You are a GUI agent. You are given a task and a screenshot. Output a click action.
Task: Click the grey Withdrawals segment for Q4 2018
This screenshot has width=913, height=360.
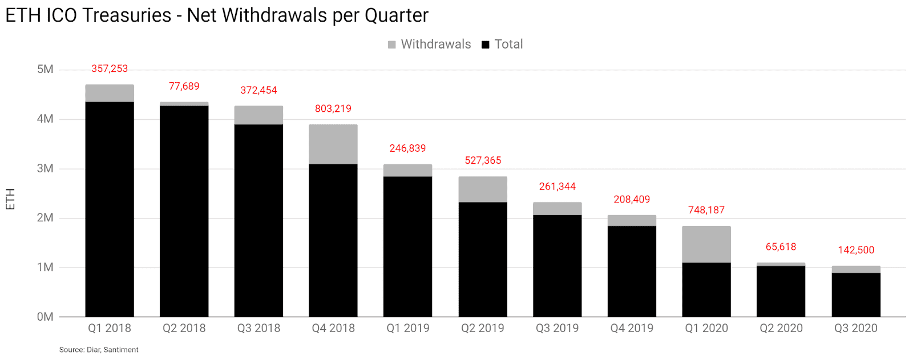click(333, 144)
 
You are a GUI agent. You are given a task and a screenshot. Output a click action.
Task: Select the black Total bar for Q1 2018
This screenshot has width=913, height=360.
click(110, 209)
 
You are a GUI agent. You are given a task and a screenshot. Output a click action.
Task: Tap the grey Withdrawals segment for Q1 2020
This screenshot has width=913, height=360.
click(706, 244)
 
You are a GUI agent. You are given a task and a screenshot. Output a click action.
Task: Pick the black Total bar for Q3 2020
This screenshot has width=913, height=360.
click(855, 294)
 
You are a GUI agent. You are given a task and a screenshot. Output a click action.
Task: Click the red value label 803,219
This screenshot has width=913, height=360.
click(333, 108)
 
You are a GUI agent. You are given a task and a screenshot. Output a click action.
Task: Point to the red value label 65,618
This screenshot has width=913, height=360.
click(781, 246)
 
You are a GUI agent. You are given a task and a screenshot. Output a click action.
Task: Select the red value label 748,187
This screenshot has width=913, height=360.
click(706, 210)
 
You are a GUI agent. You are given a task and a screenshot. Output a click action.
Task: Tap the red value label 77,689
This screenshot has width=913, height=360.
click(184, 86)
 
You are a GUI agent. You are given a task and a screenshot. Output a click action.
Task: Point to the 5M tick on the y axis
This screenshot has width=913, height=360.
click(45, 70)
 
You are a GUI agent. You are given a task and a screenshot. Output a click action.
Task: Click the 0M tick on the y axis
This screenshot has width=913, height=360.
click(45, 317)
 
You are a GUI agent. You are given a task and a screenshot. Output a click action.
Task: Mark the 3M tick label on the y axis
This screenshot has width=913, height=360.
click(45, 168)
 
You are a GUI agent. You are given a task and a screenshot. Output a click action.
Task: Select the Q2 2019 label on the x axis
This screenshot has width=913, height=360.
click(482, 328)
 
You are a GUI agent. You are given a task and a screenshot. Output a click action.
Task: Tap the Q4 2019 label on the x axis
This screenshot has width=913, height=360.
click(632, 328)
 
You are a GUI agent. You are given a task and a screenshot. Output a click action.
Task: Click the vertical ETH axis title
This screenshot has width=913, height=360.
click(10, 199)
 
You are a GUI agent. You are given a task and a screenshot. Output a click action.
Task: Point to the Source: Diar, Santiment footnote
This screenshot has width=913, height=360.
click(99, 350)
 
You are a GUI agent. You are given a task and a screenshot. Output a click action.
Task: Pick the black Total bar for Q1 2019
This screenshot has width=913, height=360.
click(407, 246)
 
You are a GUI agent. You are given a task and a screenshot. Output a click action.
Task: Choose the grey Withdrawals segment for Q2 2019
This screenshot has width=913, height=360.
click(482, 189)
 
